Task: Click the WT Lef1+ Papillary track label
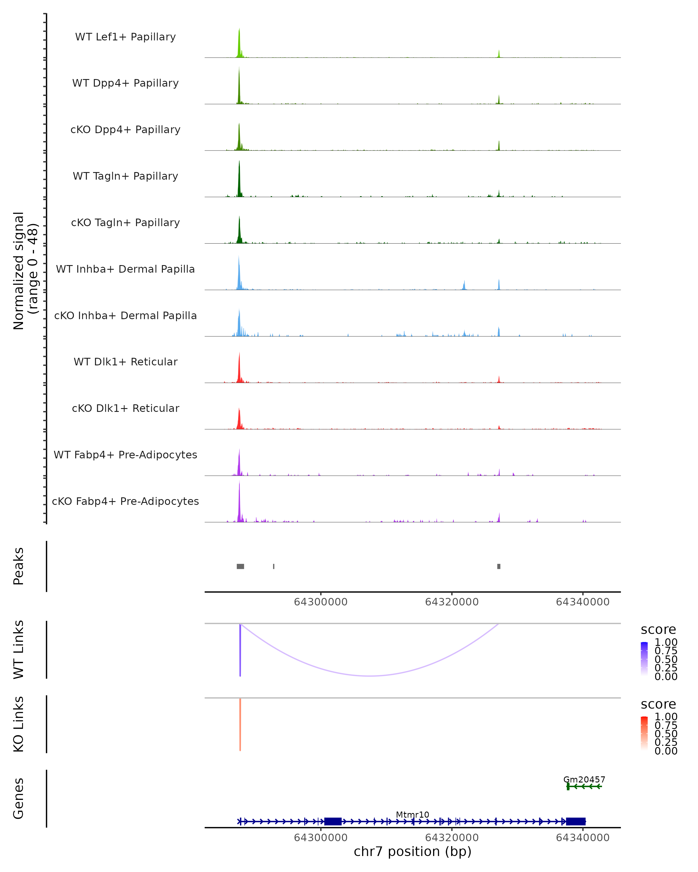click(125, 37)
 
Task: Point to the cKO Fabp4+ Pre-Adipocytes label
click(125, 501)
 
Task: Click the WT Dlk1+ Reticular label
click(125, 362)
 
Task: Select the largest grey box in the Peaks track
click(240, 566)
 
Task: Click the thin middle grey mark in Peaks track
click(274, 566)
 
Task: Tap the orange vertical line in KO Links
click(240, 724)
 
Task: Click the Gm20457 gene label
click(584, 779)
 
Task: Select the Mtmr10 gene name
click(412, 814)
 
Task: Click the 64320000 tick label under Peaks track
click(452, 602)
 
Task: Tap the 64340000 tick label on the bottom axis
click(583, 838)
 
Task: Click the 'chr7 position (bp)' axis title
click(412, 852)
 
